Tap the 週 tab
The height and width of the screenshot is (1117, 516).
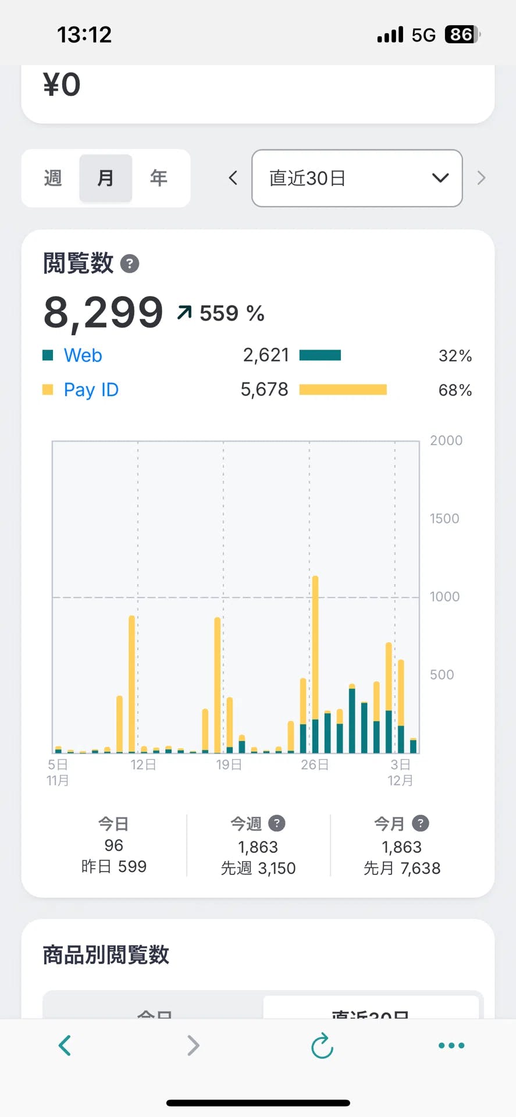(x=52, y=178)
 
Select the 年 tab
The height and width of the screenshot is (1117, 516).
(x=158, y=178)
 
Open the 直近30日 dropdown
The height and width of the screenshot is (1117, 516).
(x=357, y=178)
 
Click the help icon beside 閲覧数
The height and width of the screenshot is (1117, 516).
(x=130, y=264)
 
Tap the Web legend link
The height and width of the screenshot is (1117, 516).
(x=83, y=355)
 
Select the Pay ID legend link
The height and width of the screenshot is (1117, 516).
(x=91, y=390)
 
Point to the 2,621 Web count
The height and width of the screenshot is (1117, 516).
(x=266, y=355)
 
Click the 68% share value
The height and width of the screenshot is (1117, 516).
(x=455, y=390)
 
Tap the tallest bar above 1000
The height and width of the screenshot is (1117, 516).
(x=315, y=663)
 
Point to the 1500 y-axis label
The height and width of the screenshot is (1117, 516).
(x=444, y=518)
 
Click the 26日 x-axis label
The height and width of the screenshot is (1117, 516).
(x=315, y=764)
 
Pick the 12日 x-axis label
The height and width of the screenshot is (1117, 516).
(x=143, y=764)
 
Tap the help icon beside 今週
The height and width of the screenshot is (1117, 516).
(x=276, y=823)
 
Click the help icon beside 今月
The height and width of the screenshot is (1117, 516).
(x=420, y=823)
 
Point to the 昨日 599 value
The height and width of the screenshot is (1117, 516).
(x=114, y=866)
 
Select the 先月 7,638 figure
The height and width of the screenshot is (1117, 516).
(x=402, y=868)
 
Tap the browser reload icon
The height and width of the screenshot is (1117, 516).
(x=322, y=1045)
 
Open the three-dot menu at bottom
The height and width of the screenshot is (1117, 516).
(x=451, y=1045)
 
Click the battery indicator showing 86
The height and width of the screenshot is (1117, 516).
(x=461, y=35)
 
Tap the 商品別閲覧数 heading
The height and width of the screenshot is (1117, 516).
(x=106, y=955)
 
